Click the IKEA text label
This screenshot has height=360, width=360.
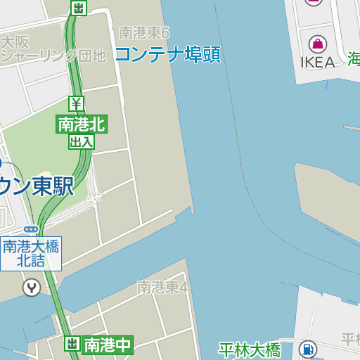318,62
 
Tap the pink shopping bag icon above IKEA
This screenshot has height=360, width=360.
318,44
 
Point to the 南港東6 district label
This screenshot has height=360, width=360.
144,32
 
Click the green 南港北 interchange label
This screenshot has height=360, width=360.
81,125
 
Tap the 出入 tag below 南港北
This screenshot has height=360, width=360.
81,141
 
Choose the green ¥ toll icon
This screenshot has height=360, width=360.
77,103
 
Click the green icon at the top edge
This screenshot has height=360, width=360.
79,8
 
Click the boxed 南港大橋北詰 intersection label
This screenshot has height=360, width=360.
31,253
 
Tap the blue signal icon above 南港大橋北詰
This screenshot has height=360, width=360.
30,229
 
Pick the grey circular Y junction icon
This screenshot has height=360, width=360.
31,287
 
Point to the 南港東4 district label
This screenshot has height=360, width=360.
162,287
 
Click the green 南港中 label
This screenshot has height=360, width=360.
107,345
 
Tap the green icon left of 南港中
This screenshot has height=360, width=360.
72,344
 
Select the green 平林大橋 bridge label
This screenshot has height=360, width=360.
249,349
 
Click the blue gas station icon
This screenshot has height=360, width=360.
307,349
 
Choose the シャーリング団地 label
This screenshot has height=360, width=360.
53,56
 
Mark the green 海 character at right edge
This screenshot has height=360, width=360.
353,59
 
